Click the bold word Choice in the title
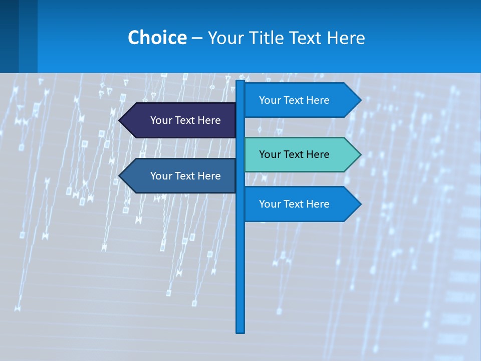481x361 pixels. pyautogui.click(x=157, y=38)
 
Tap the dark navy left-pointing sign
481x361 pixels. pyautogui.click(x=180, y=120)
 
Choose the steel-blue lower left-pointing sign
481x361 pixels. pyautogui.click(x=180, y=176)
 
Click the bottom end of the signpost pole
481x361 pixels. pyautogui.click(x=241, y=330)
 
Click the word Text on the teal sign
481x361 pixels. pyautogui.click(x=294, y=154)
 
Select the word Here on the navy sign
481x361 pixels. pyautogui.click(x=208, y=120)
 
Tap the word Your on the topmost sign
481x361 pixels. pyautogui.click(x=270, y=100)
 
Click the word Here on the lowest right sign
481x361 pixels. pyautogui.click(x=317, y=204)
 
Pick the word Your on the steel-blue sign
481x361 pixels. pyautogui.click(x=161, y=176)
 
